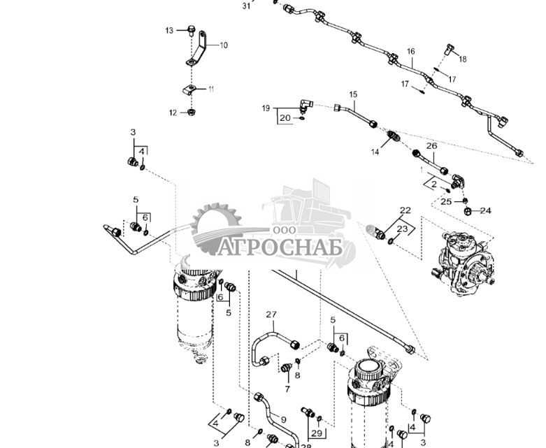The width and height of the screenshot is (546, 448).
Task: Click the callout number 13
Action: coord(169,31)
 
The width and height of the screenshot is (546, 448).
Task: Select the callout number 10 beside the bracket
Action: coord(223,45)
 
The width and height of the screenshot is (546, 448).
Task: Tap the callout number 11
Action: coord(210,89)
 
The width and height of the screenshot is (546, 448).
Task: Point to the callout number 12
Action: coord(172,112)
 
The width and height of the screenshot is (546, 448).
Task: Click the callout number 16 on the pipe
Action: coord(411,52)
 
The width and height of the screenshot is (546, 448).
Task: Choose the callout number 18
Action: coord(462,59)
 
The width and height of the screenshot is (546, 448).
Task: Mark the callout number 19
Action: coord(266,108)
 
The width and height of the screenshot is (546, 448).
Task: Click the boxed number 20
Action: coord(285,118)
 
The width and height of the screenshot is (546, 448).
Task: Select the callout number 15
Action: coord(353,94)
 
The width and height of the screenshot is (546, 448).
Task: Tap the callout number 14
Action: coord(375,152)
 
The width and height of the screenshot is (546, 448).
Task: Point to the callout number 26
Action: coord(431,146)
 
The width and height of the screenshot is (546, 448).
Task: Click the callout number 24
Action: coord(485,210)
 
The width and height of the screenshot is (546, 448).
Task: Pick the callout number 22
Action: coord(405,210)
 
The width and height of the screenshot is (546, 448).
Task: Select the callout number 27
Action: coord(271,315)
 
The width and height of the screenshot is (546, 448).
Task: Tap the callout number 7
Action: coord(287,388)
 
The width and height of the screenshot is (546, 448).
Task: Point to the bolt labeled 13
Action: coord(189,29)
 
